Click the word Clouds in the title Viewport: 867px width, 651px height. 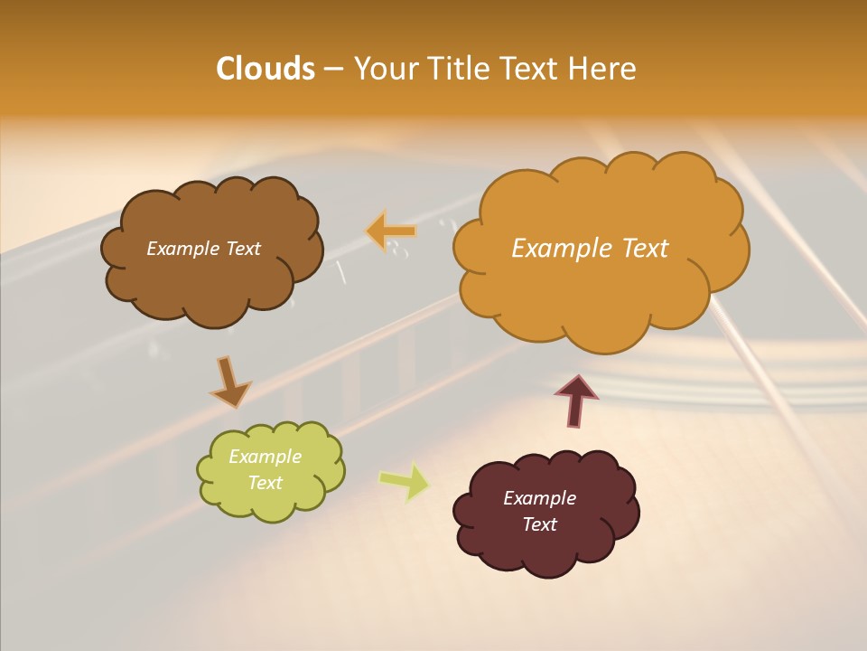[x=266, y=69]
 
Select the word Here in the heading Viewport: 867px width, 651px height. [x=603, y=69]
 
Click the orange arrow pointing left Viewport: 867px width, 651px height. [x=391, y=231]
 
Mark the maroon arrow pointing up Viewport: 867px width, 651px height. [x=575, y=399]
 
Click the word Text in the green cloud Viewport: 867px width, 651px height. [x=266, y=483]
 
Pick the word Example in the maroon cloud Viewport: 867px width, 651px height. [x=539, y=498]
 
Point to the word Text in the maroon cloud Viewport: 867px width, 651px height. [x=539, y=524]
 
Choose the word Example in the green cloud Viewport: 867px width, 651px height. [x=266, y=457]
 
